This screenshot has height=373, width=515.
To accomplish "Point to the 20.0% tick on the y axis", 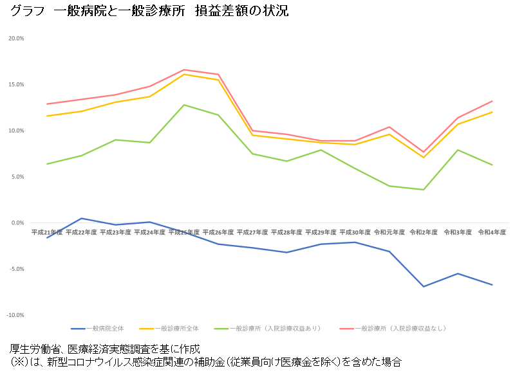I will (x=16, y=39).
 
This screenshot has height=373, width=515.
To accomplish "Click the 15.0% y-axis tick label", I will (x=16, y=85).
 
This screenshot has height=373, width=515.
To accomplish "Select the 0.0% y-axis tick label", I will (x=17, y=223).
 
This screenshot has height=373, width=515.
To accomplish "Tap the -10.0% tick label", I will (x=15, y=315).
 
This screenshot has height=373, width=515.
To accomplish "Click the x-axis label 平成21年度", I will (x=47, y=232).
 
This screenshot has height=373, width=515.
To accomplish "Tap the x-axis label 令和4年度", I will (x=492, y=232).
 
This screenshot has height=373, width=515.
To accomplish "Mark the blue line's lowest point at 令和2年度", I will (x=424, y=286).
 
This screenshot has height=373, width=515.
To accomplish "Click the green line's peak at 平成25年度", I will (x=184, y=105).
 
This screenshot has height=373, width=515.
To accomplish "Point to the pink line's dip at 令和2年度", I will (x=424, y=152).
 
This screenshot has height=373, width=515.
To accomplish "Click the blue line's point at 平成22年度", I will (x=81, y=218).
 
